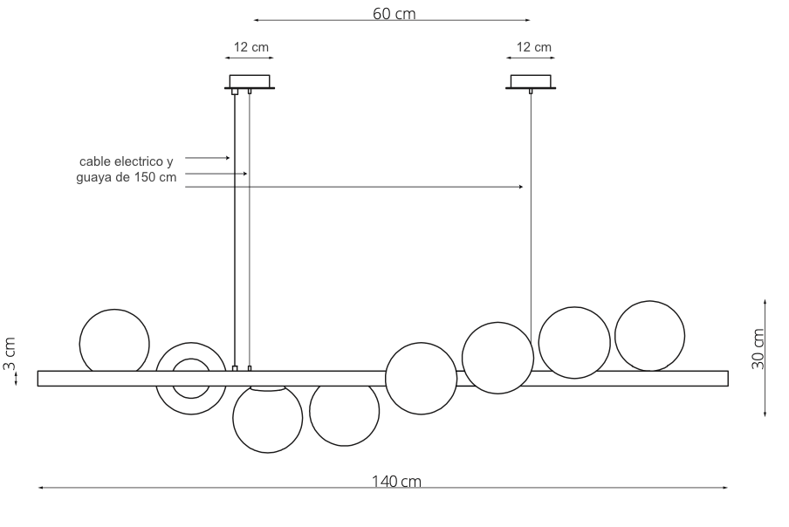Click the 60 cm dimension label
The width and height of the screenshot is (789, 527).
(394, 14)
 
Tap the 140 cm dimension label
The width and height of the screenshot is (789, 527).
(395, 482)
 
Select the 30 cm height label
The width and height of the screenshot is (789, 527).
(758, 349)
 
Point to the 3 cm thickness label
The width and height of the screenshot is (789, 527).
(10, 353)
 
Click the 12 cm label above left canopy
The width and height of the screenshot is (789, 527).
(250, 47)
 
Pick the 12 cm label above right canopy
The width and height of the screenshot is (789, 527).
(533, 47)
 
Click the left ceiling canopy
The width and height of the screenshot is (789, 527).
(250, 82)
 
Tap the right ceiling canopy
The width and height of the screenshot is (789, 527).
(531, 82)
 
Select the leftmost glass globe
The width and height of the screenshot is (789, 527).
(114, 342)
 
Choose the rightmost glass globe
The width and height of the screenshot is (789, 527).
(649, 336)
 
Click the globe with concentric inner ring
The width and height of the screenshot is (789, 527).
(190, 379)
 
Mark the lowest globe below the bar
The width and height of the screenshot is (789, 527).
(267, 419)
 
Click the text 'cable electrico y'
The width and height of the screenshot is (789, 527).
(127, 161)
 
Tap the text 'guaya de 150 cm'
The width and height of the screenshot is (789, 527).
(127, 177)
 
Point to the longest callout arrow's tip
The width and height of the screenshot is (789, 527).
(523, 187)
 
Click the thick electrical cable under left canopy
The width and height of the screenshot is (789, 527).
(235, 227)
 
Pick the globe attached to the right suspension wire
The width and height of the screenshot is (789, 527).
(497, 358)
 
